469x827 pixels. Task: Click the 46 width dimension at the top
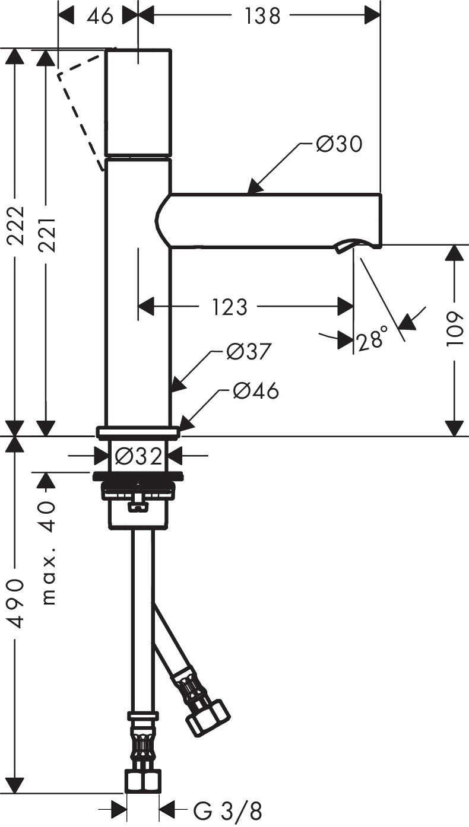point(99,16)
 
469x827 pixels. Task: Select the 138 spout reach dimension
point(262,16)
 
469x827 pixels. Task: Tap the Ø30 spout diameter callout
point(338,144)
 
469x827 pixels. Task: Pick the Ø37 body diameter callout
point(249,352)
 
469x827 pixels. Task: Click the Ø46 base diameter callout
point(255,391)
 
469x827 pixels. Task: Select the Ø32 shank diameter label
point(138,456)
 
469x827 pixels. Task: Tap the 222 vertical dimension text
point(15,225)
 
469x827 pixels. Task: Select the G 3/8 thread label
point(227,810)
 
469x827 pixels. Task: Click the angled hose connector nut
point(207,717)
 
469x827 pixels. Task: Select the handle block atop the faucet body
point(138,103)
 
